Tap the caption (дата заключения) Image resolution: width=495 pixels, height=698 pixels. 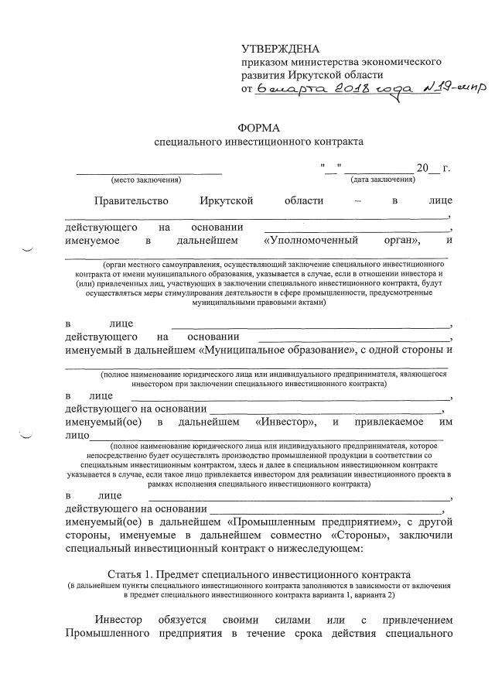pyautogui.click(x=382, y=180)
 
